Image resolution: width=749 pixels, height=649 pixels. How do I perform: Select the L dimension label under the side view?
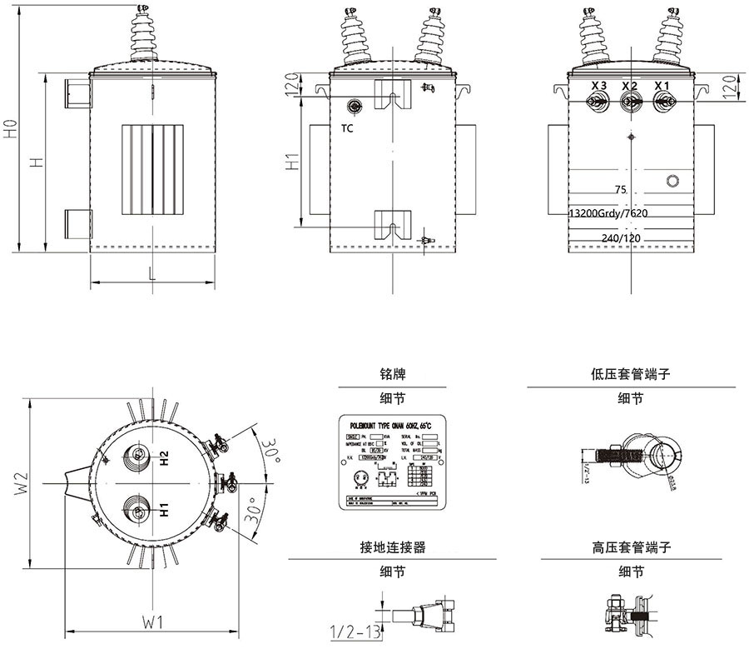[x=151, y=273]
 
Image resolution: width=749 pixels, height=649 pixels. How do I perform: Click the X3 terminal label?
[x=598, y=86]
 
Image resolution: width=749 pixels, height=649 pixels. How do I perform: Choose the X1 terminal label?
[x=662, y=86]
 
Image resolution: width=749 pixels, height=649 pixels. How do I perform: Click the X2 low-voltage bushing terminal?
[x=630, y=102]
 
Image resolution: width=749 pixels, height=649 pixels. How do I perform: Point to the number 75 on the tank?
[x=619, y=190]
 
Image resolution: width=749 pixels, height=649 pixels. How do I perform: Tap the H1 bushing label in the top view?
[x=165, y=508]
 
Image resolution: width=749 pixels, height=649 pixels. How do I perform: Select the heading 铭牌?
[x=392, y=375]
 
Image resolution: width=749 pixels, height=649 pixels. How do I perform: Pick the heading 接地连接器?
[x=392, y=547]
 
